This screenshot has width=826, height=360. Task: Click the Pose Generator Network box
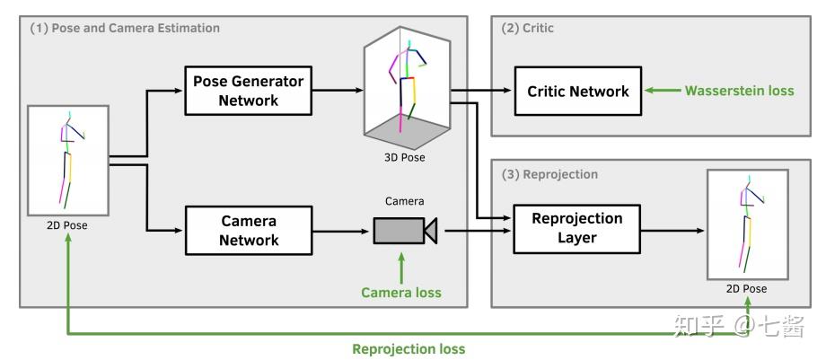click(x=248, y=90)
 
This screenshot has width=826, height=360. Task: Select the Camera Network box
click(x=248, y=231)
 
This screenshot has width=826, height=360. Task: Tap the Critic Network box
click(x=578, y=91)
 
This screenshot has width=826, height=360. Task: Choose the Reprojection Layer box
click(x=576, y=229)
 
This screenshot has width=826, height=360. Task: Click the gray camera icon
click(x=406, y=231)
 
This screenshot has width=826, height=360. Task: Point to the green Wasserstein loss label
click(x=739, y=91)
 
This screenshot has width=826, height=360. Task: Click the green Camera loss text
click(x=401, y=292)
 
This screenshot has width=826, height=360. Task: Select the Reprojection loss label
click(x=409, y=348)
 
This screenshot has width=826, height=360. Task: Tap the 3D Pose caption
click(x=405, y=157)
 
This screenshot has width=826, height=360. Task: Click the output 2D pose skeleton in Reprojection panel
click(x=749, y=223)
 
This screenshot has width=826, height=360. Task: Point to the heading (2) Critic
click(x=527, y=28)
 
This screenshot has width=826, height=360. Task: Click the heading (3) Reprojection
click(x=549, y=174)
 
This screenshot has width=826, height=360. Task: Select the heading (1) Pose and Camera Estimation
click(x=125, y=28)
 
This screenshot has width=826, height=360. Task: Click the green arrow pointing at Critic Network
click(x=663, y=91)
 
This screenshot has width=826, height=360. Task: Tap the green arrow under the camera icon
click(x=401, y=268)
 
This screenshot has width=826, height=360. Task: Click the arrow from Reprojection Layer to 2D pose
click(x=672, y=231)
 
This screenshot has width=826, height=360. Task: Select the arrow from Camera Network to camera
click(x=342, y=231)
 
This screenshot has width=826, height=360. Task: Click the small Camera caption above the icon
click(x=405, y=201)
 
